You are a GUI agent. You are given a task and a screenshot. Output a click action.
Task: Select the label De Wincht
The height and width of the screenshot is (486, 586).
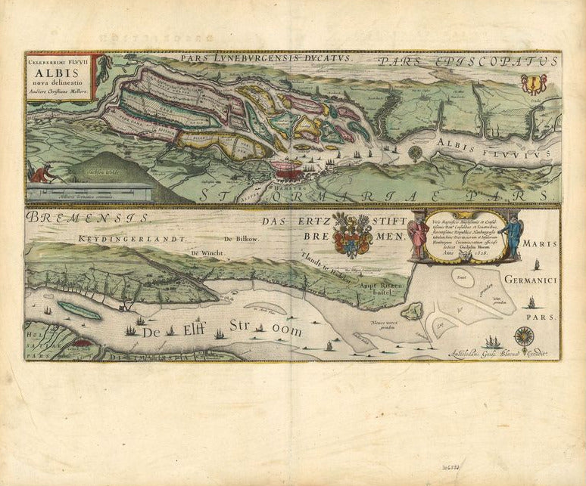point(207,253)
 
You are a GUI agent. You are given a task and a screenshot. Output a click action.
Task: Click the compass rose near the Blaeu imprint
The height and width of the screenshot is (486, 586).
point(522,334)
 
